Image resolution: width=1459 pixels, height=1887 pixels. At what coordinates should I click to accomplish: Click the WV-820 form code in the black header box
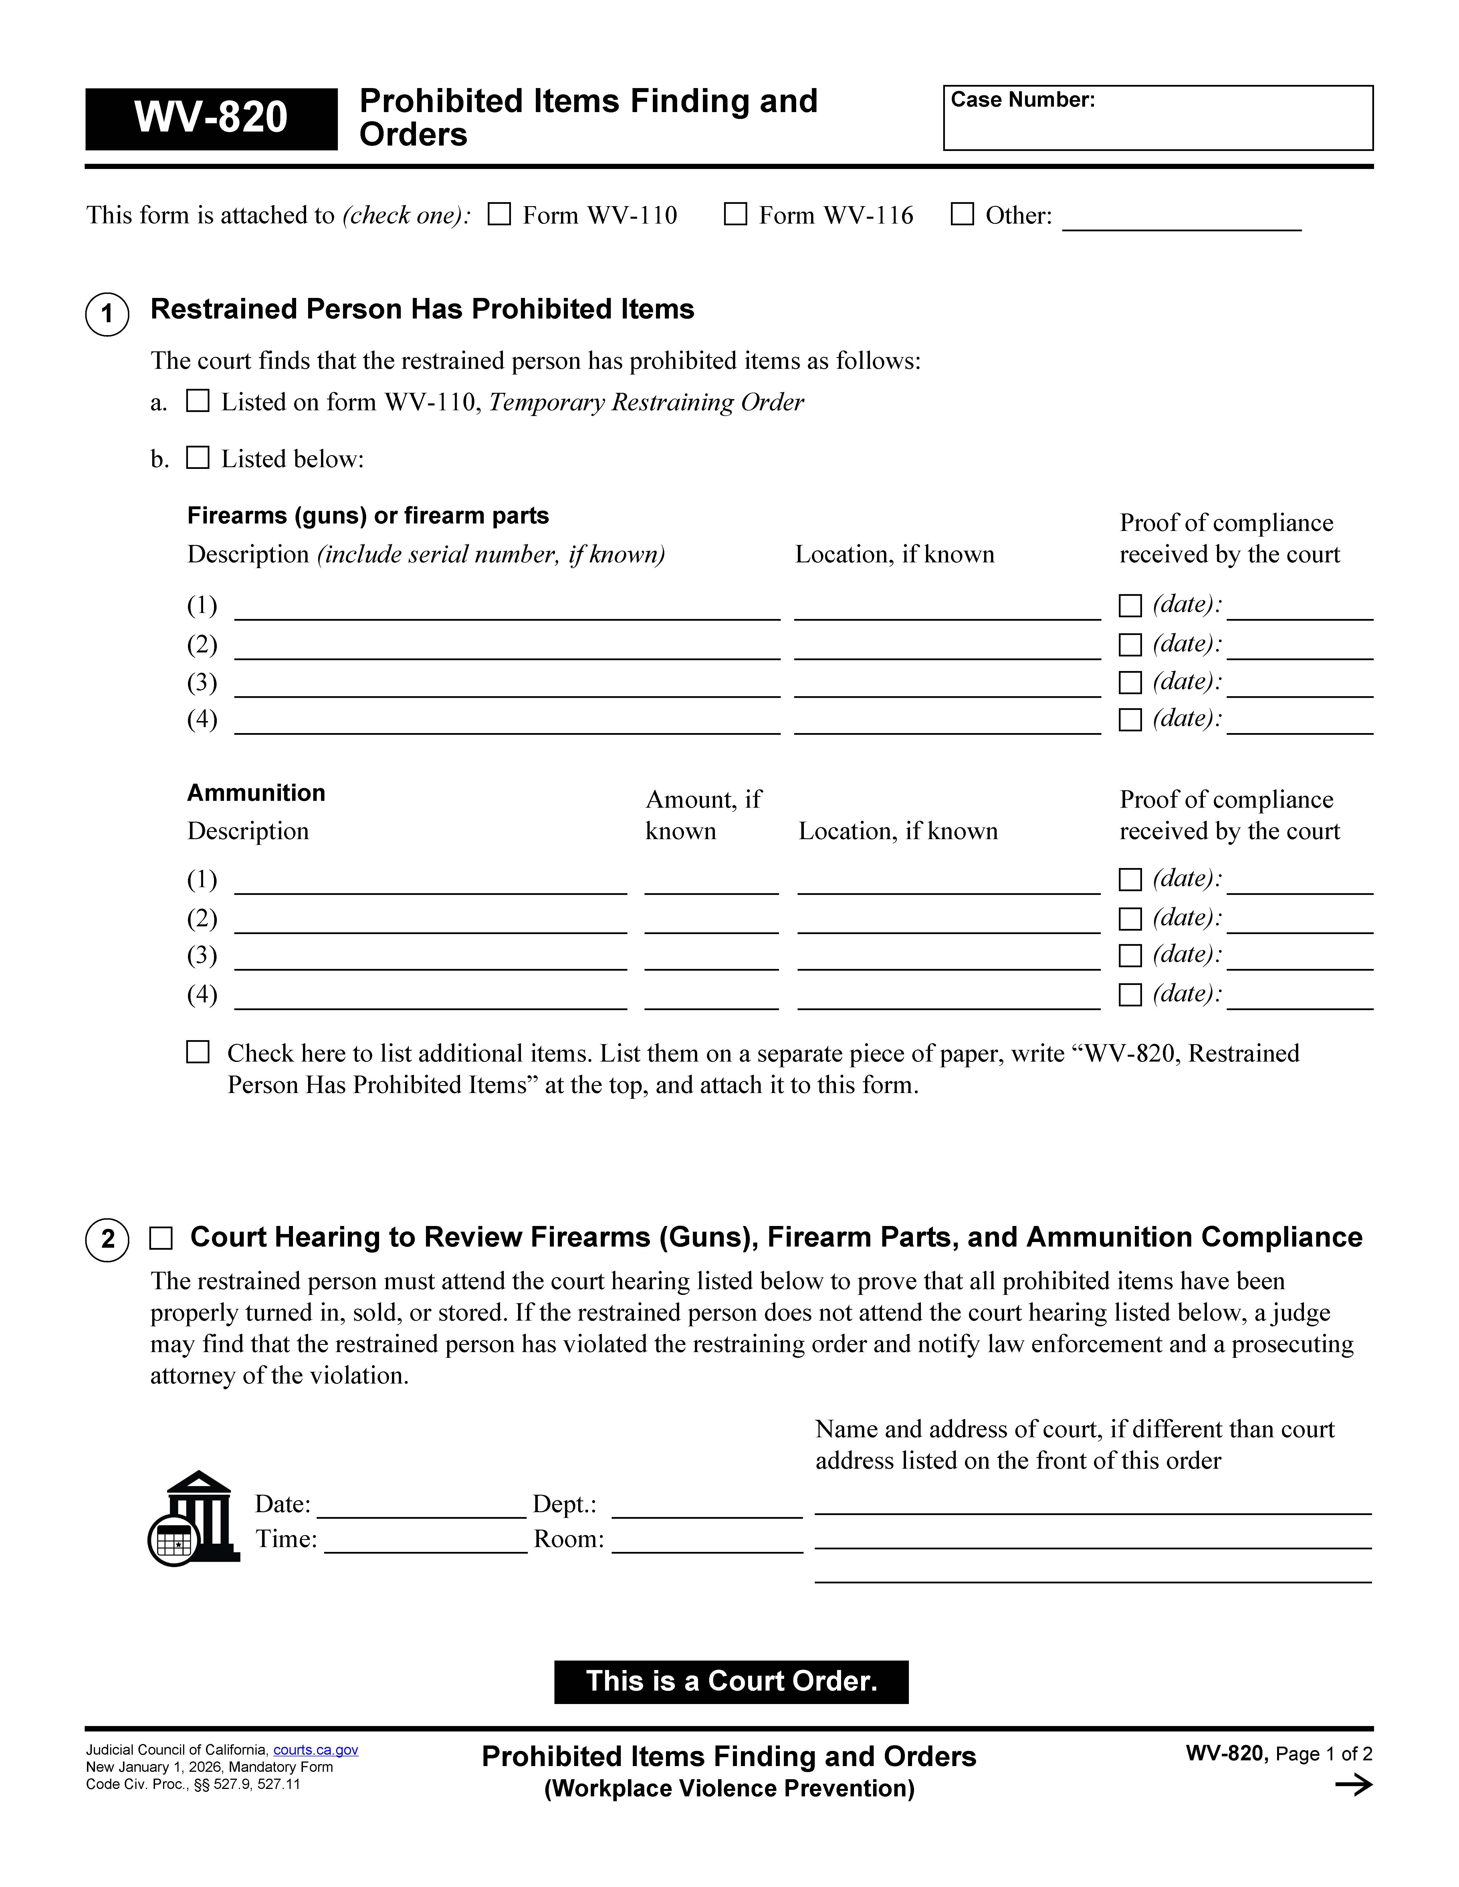(211, 118)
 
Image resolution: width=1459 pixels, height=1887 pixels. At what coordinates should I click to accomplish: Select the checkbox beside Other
(962, 214)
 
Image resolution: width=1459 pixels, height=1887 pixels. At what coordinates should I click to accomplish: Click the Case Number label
(1022, 100)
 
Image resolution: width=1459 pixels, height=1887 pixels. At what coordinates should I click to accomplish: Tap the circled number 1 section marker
(107, 314)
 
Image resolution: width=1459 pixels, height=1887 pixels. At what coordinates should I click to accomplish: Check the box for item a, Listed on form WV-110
(198, 401)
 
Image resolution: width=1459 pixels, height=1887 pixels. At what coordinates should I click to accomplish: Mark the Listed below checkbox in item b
(198, 458)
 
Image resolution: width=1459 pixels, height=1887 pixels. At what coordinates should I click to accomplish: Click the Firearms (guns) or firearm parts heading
(367, 516)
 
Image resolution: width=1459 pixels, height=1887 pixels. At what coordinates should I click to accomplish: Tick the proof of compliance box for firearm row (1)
(1130, 606)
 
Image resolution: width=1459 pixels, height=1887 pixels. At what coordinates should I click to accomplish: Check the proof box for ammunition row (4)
(1130, 994)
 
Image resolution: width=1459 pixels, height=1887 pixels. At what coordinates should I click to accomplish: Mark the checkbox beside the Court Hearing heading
(161, 1238)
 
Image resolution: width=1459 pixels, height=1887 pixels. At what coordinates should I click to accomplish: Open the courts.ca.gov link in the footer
(316, 1750)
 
